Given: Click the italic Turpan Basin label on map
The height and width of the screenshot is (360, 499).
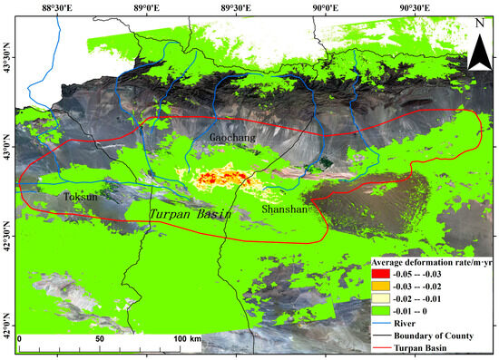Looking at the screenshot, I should click(x=191, y=215).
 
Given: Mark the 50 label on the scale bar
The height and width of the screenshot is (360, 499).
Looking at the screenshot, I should click(x=101, y=338).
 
